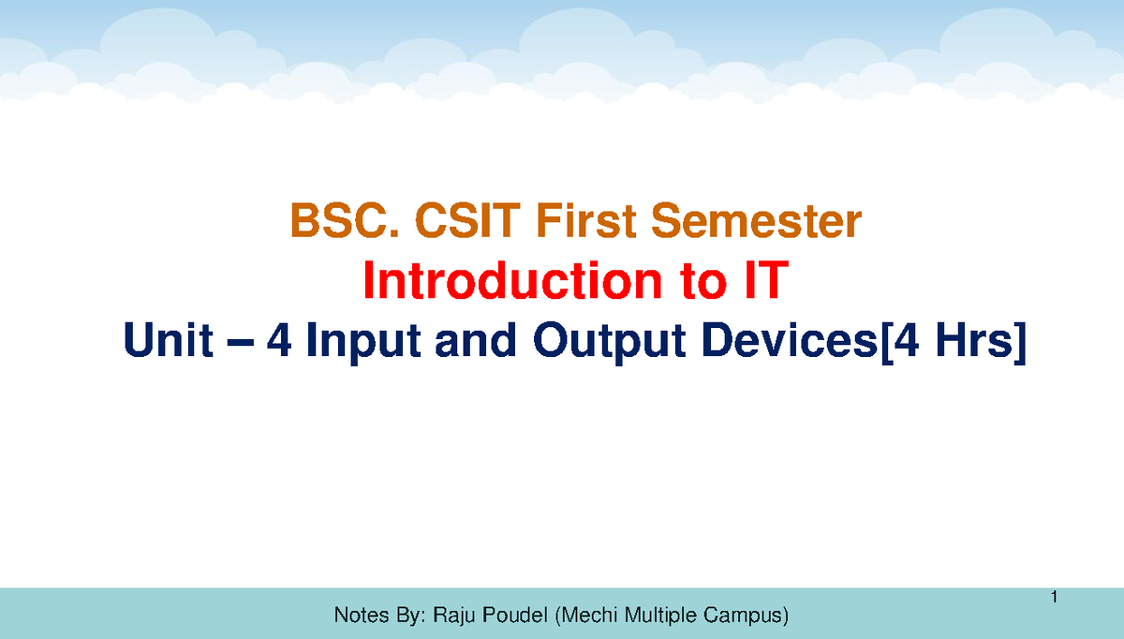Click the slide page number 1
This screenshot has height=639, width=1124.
pyautogui.click(x=1054, y=598)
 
